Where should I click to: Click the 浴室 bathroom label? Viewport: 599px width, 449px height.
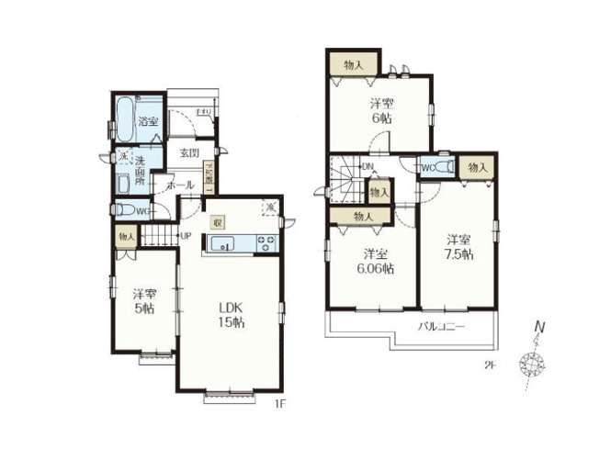147,121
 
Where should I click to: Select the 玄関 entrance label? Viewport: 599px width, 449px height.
190,152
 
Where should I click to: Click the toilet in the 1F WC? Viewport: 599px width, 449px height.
125,210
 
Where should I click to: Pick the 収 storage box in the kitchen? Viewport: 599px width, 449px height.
217,221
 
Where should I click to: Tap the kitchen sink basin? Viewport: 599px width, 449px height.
223,243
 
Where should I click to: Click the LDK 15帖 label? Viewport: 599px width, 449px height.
230,314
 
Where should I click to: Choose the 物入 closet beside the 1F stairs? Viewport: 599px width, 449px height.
126,236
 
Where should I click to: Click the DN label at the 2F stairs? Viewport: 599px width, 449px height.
367,166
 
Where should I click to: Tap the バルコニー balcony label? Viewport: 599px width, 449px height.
443,327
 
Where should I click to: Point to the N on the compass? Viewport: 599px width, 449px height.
540,326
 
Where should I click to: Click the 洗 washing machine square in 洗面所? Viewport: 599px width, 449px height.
123,157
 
